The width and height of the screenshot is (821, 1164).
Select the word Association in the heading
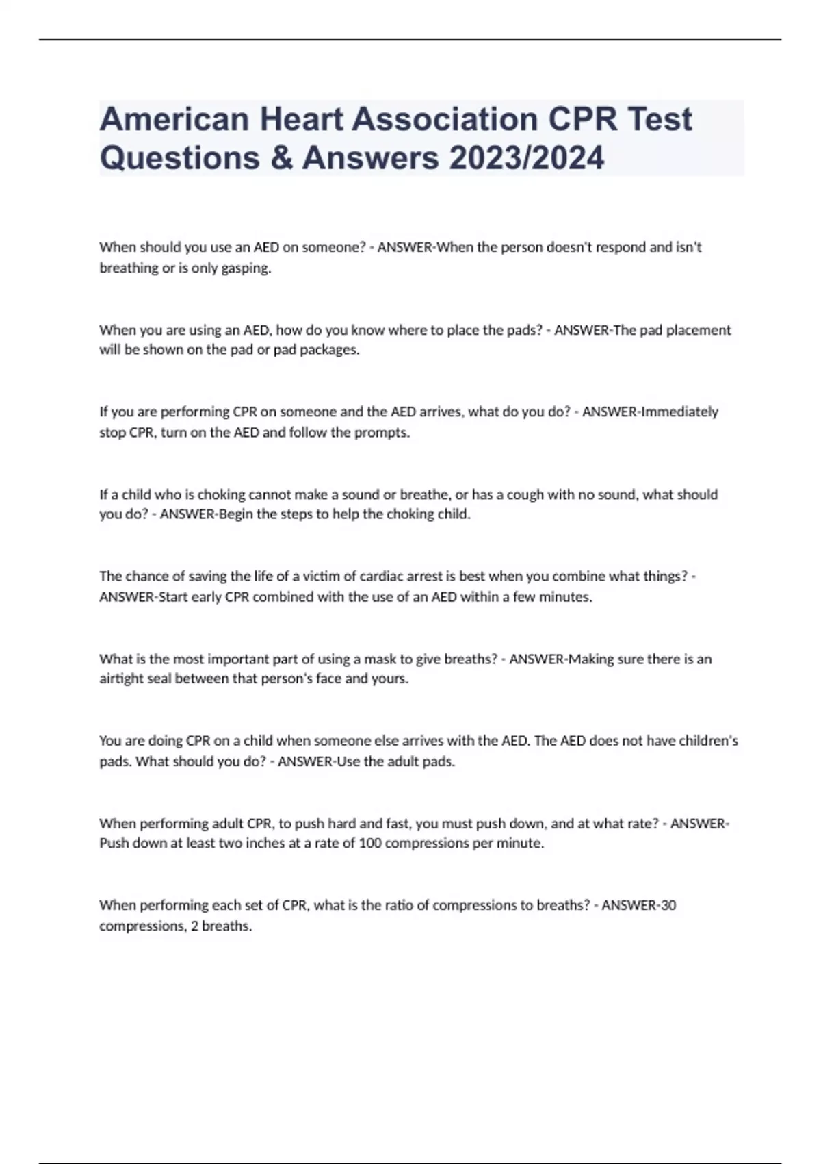click(x=445, y=119)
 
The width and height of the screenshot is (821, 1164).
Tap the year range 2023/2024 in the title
click(x=527, y=158)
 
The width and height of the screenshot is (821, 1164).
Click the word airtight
click(x=122, y=679)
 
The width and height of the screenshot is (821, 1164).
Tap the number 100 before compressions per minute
click(x=370, y=844)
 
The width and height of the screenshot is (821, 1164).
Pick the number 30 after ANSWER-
click(x=668, y=905)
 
